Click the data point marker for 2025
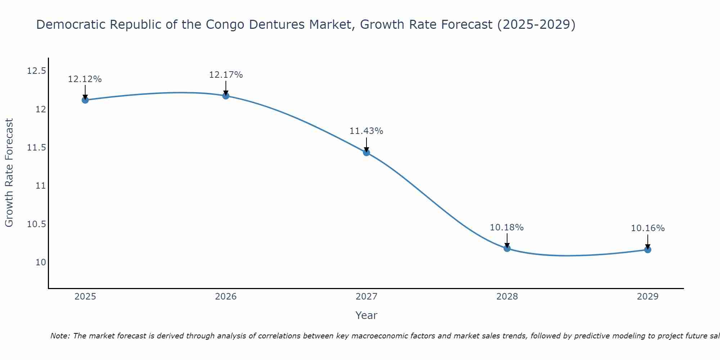pyautogui.click(x=85, y=100)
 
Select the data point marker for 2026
pyautogui.click(x=226, y=96)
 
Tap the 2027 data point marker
pyautogui.click(x=366, y=153)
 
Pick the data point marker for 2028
pyautogui.click(x=507, y=248)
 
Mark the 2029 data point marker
pyautogui.click(x=648, y=249)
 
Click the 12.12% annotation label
pyautogui.click(x=85, y=79)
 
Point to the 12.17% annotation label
pyautogui.click(x=226, y=75)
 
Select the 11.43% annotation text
pyautogui.click(x=366, y=131)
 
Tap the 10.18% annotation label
pyautogui.click(x=507, y=228)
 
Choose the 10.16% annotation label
pyautogui.click(x=648, y=228)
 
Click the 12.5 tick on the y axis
pyautogui.click(x=36, y=71)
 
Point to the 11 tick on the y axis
pyautogui.click(x=41, y=186)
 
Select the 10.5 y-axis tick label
pyautogui.click(x=36, y=224)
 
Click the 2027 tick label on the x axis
pyautogui.click(x=366, y=297)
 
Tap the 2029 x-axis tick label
pyautogui.click(x=648, y=297)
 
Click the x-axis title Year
pyautogui.click(x=366, y=315)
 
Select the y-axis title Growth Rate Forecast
pyautogui.click(x=9, y=172)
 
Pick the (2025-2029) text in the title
pyautogui.click(x=536, y=24)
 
